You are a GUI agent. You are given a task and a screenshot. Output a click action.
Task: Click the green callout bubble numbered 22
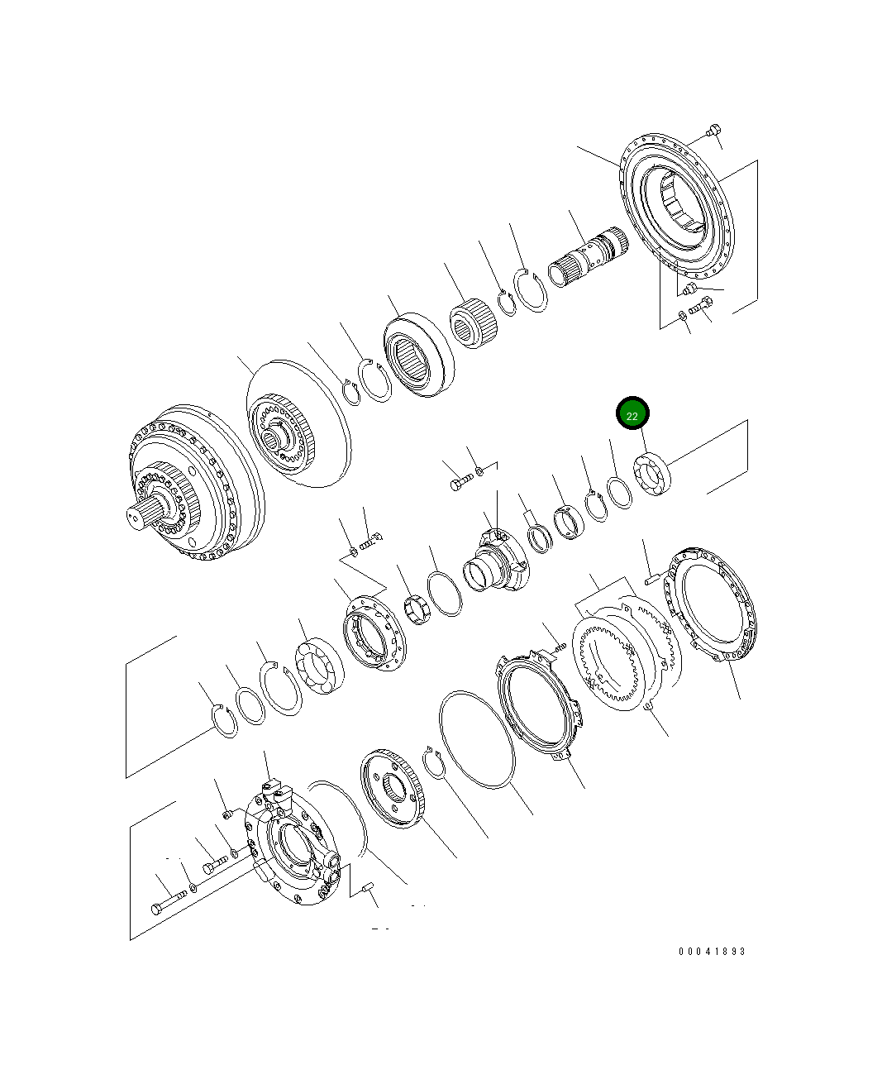click(632, 415)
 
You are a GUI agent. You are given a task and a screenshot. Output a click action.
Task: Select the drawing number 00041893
click(712, 952)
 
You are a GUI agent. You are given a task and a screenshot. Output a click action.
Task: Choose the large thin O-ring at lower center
click(478, 739)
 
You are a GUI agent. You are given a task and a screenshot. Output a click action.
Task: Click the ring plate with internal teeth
click(612, 657)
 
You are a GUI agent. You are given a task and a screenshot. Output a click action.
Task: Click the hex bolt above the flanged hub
click(460, 481)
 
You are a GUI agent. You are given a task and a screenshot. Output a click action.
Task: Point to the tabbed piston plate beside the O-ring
click(540, 702)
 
